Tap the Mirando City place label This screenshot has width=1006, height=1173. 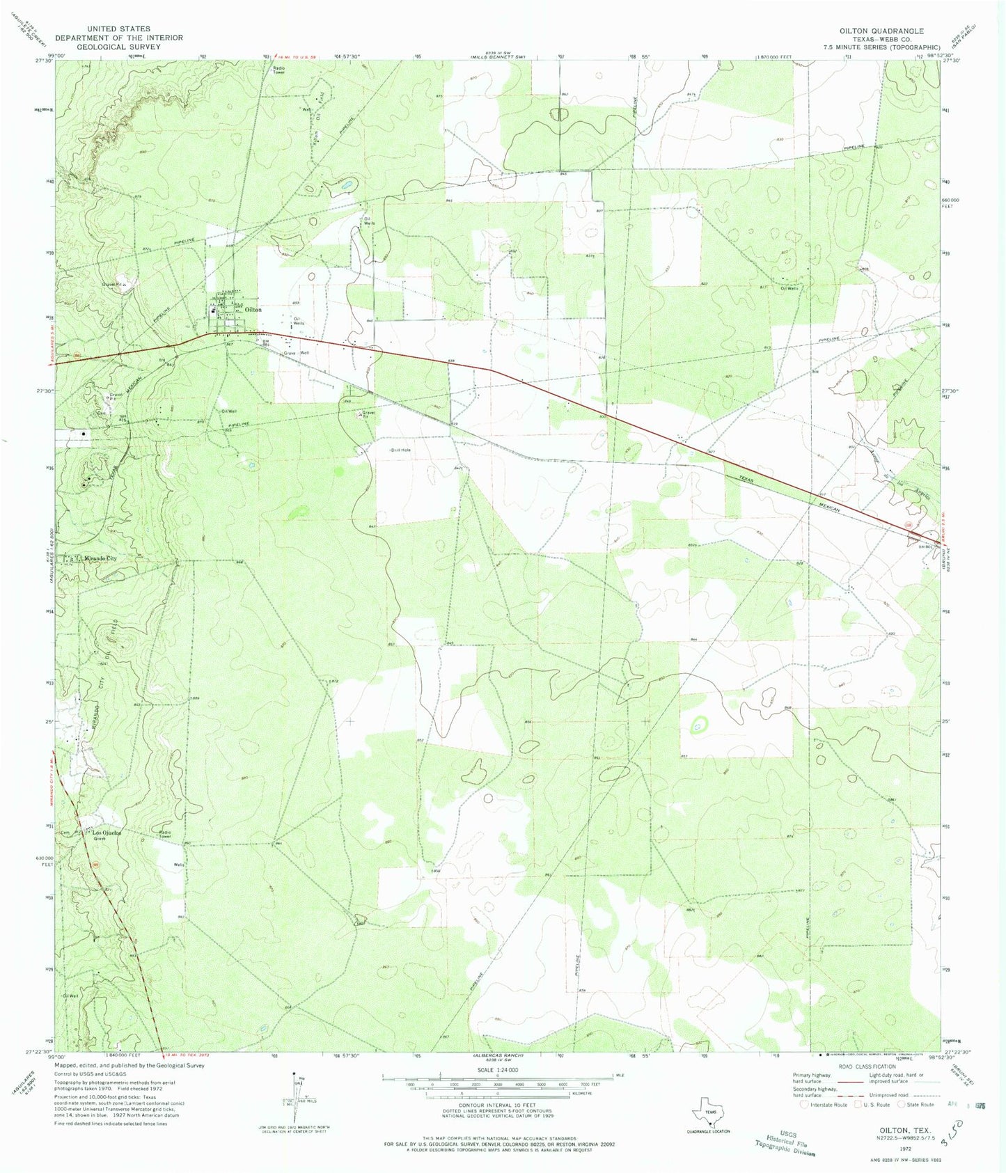click(100, 558)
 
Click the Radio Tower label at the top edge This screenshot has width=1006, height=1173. click(278, 70)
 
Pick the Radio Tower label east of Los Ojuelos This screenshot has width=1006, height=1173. click(165, 835)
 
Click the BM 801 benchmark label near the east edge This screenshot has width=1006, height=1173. click(925, 546)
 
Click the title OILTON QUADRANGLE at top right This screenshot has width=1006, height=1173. click(882, 31)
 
